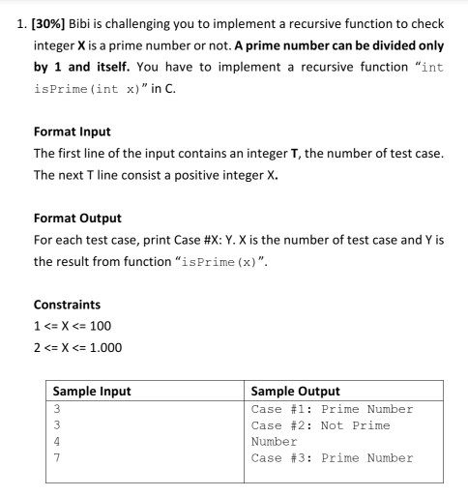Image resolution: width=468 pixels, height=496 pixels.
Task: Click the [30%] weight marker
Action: coord(47,22)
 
